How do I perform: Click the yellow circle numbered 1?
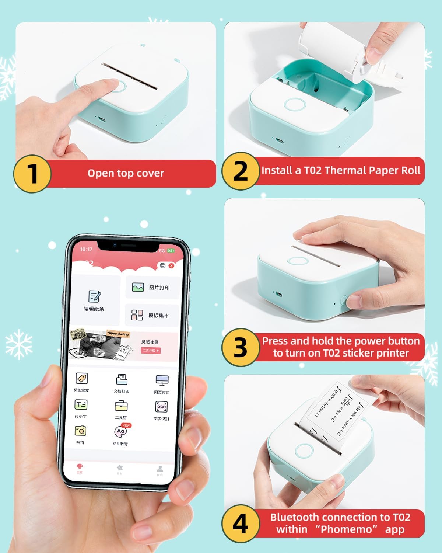(32, 174)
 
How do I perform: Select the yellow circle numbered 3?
(240, 347)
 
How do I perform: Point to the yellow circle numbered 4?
(240, 524)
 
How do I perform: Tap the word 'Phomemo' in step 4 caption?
(347, 529)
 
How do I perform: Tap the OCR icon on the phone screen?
(161, 407)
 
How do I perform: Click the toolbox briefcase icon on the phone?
(121, 406)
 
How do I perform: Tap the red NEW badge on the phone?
(126, 425)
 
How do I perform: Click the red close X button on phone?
(171, 265)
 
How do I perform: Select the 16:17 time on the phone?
(86, 249)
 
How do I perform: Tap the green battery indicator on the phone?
(171, 251)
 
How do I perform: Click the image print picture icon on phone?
(138, 288)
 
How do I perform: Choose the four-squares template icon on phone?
(137, 315)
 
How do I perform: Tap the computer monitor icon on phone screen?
(162, 380)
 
